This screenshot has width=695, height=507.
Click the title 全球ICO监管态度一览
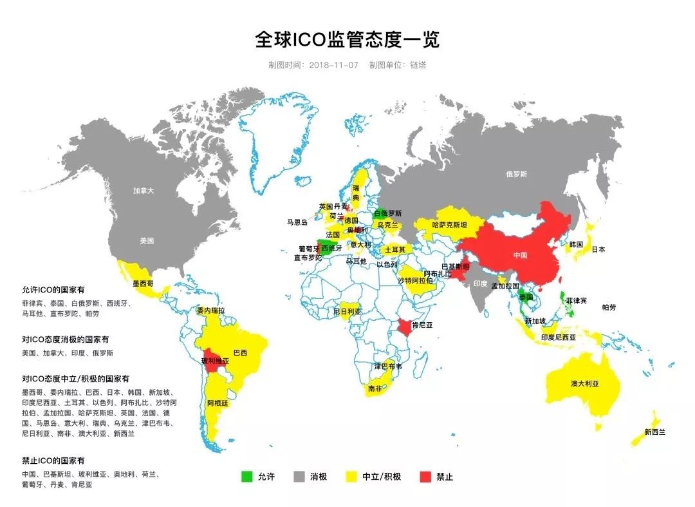pyautogui.click(x=347, y=40)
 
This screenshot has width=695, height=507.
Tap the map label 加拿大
pyautogui.click(x=144, y=191)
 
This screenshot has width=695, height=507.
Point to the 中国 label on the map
pyautogui.click(x=520, y=255)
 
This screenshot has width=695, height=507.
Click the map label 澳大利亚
pyautogui.click(x=584, y=383)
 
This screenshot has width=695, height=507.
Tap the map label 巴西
pyautogui.click(x=240, y=353)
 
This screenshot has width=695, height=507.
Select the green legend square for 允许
pyautogui.click(x=246, y=477)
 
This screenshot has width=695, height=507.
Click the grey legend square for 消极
pyautogui.click(x=299, y=477)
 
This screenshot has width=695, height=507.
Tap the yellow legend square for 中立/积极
pyautogui.click(x=351, y=477)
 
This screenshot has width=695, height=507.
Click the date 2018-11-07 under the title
pyautogui.click(x=333, y=65)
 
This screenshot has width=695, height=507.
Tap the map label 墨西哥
pyautogui.click(x=144, y=283)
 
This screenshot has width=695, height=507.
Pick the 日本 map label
pyautogui.click(x=598, y=249)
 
